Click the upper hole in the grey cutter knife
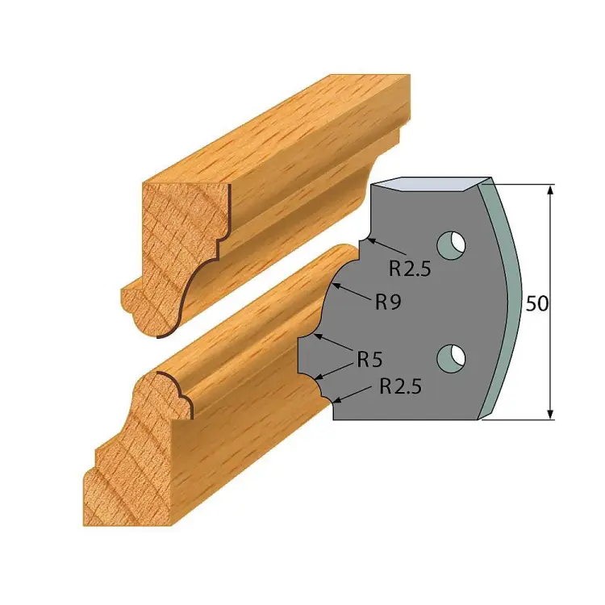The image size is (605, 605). [x=451, y=245]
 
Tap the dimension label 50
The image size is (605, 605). [x=536, y=304]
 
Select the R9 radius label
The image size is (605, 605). [x=389, y=302]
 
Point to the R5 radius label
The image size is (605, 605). [x=369, y=360]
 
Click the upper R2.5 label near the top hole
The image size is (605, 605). [x=409, y=269]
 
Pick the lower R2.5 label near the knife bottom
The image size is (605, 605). [x=401, y=386]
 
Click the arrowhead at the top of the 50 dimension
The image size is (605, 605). [x=551, y=190]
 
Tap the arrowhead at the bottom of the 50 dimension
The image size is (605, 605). [x=551, y=414]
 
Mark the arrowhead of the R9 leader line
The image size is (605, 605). [x=336, y=286]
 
